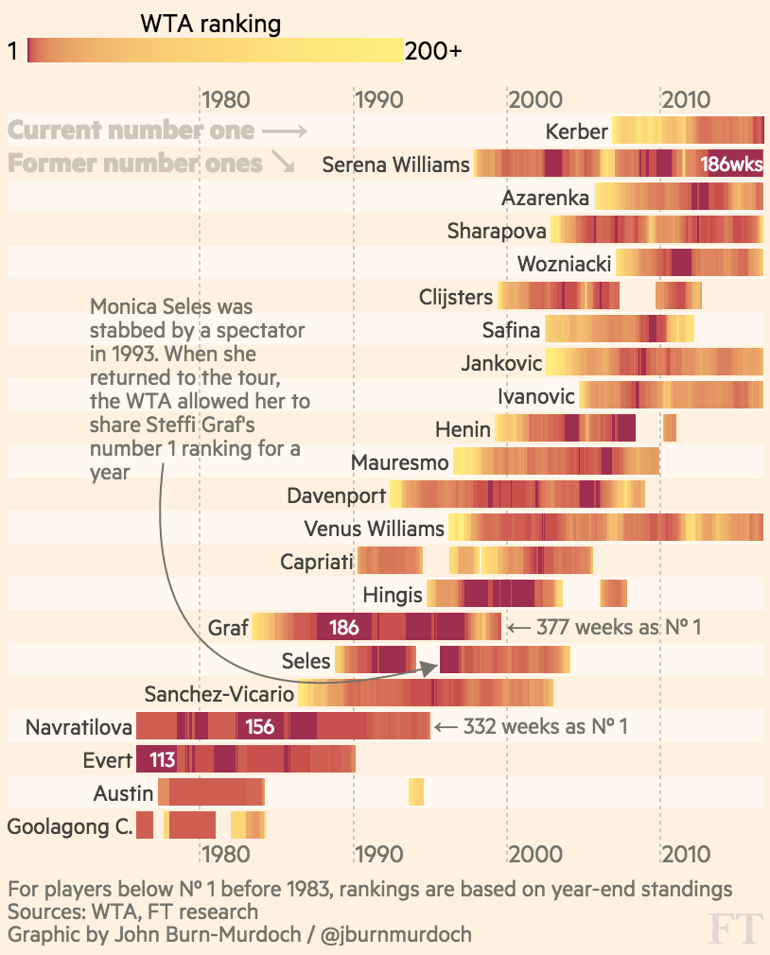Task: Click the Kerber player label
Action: tap(576, 131)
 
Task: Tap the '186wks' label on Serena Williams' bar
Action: tap(730, 165)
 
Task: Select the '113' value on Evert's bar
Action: tap(163, 758)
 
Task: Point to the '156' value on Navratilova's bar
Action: tap(260, 726)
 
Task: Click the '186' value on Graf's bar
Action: tap(343, 627)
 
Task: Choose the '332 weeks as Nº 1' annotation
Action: tap(545, 726)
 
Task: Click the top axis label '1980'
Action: tap(225, 99)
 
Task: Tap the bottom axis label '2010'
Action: tap(686, 855)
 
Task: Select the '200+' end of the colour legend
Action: tap(433, 51)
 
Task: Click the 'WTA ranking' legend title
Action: tap(210, 24)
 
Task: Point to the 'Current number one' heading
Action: tap(131, 130)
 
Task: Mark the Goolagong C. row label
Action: tap(70, 826)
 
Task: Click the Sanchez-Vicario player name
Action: tap(219, 694)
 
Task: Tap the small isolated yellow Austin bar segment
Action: tap(416, 791)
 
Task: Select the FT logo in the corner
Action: tap(735, 929)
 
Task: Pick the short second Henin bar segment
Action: tap(670, 428)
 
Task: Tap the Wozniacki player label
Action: tap(564, 264)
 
